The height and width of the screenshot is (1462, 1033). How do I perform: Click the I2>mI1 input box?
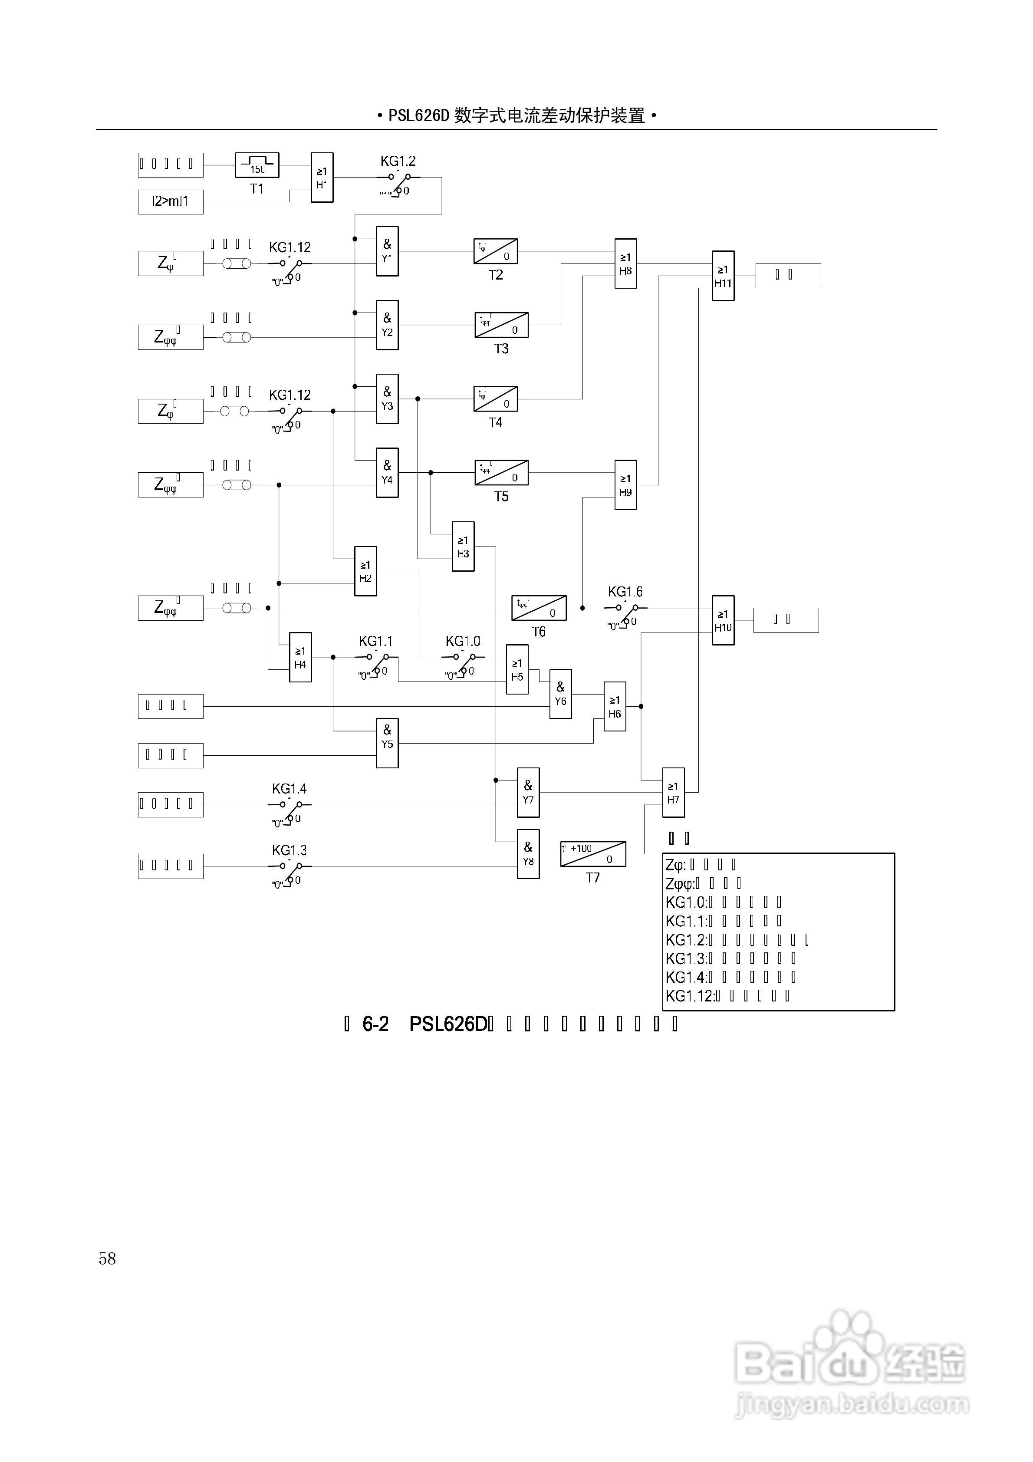pyautogui.click(x=170, y=202)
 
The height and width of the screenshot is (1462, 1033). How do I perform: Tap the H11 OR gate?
pyautogui.click(x=723, y=276)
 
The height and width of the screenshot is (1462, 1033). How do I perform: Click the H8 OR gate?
pyautogui.click(x=625, y=263)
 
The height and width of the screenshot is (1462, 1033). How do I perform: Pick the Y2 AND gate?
pyautogui.click(x=387, y=325)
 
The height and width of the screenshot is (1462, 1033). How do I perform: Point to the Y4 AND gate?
pyautogui.click(x=387, y=472)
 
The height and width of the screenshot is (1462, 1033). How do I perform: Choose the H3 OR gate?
pyautogui.click(x=463, y=547)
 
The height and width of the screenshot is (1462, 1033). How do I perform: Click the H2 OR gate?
pyautogui.click(x=365, y=571)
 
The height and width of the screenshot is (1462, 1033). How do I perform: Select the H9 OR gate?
pyautogui.click(x=625, y=485)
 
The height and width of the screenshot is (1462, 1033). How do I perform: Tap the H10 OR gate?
pyautogui.click(x=723, y=620)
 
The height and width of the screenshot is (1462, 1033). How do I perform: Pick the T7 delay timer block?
pyautogui.click(x=593, y=854)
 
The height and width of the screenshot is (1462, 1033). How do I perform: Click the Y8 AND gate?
pyautogui.click(x=528, y=854)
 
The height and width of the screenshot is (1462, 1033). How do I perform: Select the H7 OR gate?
pyautogui.click(x=673, y=793)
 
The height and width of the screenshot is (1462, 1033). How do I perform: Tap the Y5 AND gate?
pyautogui.click(x=387, y=743)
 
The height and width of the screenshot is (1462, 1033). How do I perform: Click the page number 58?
pyautogui.click(x=107, y=1259)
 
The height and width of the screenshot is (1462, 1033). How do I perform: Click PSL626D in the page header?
pyautogui.click(x=418, y=116)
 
